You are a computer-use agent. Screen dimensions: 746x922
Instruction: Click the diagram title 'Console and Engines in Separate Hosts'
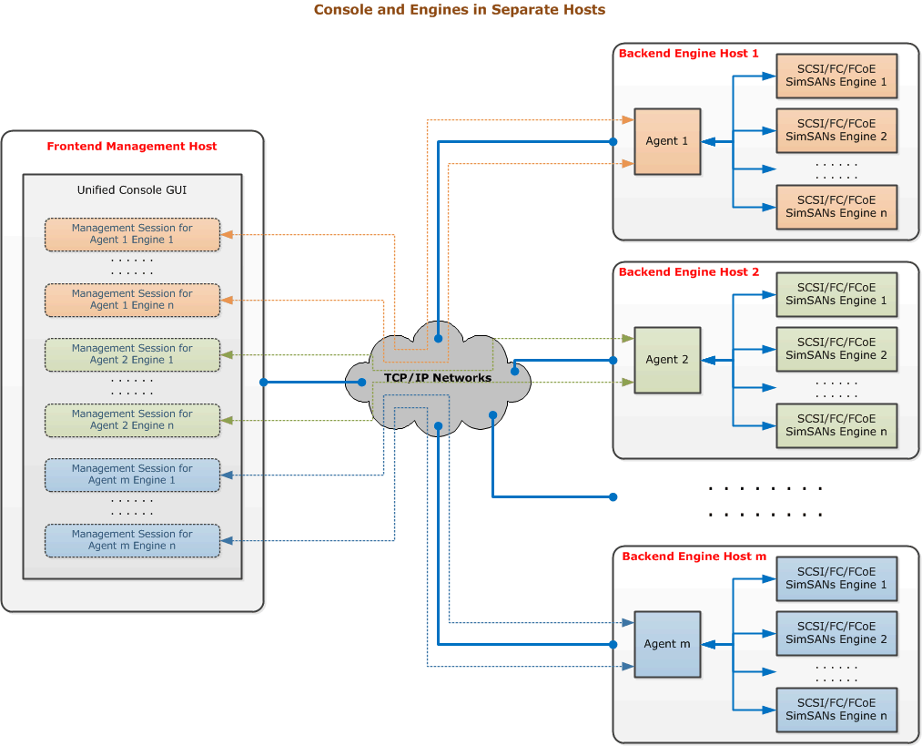click(459, 10)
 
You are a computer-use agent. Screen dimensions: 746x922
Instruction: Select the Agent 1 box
click(667, 141)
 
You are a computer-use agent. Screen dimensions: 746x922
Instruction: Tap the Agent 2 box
click(667, 360)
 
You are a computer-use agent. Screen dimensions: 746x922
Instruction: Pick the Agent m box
click(667, 644)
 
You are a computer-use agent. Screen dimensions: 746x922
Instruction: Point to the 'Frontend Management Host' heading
click(132, 146)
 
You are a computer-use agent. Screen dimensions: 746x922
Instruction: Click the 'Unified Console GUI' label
click(132, 190)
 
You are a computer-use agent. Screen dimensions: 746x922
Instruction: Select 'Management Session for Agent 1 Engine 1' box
click(132, 234)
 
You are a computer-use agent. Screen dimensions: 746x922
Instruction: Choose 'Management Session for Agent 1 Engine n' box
click(132, 300)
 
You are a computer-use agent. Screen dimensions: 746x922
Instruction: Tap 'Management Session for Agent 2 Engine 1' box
click(132, 354)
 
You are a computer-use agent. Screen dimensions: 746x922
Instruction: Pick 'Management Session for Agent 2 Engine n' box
click(132, 420)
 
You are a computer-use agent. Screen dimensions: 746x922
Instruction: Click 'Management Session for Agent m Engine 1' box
click(132, 475)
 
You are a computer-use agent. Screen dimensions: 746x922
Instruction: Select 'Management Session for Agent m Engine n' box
click(132, 540)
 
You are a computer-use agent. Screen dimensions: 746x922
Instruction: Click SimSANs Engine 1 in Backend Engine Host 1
click(836, 76)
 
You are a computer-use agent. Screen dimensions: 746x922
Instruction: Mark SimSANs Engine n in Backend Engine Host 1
click(836, 207)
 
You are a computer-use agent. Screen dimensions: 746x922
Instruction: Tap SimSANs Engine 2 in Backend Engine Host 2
click(836, 349)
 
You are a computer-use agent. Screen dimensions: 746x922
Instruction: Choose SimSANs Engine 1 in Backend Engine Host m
click(836, 578)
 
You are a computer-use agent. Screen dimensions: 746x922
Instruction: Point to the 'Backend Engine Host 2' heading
click(688, 272)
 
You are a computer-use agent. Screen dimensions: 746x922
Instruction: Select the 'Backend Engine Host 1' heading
click(688, 54)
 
